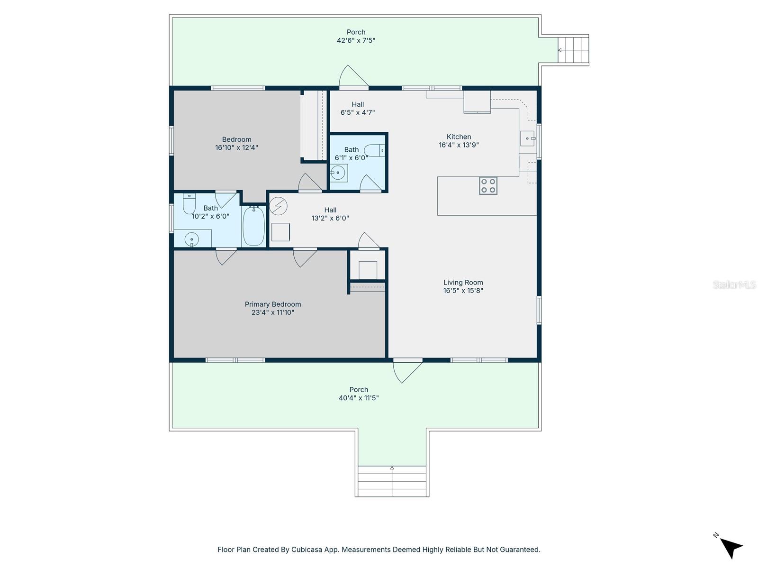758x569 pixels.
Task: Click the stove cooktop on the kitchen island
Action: (488, 186)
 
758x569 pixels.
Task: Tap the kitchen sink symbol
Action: (528, 138)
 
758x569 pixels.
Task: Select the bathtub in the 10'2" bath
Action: (253, 226)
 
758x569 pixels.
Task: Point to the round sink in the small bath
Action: (338, 173)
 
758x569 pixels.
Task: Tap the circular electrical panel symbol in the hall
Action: (278, 206)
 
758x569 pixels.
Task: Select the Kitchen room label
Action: (459, 137)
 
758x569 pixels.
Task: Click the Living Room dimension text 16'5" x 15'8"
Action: (463, 291)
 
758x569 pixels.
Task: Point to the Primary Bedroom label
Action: (273, 304)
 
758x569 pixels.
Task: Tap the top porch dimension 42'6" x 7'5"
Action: (356, 41)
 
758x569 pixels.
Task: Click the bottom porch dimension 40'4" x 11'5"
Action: (359, 398)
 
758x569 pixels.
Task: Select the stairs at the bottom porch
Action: (392, 481)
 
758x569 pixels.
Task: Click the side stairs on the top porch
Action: (573, 50)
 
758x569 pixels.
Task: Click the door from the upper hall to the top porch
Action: (351, 77)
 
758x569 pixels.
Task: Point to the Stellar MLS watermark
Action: (734, 284)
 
